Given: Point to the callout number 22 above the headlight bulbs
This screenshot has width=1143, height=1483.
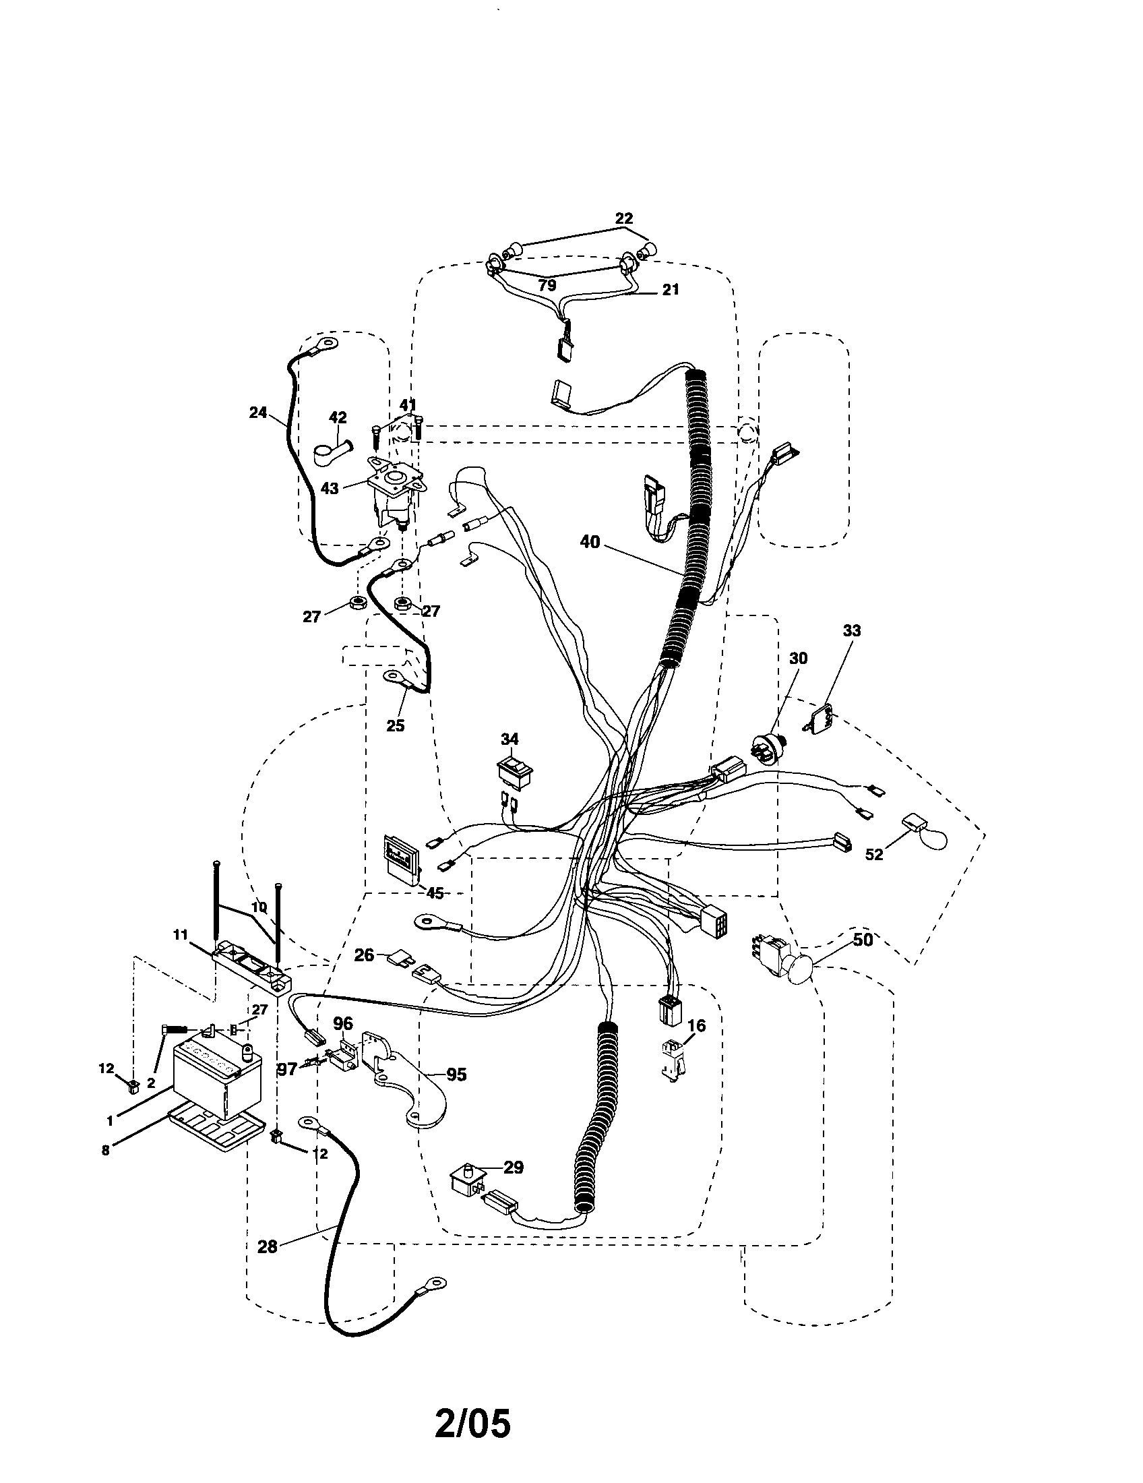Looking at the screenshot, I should [623, 218].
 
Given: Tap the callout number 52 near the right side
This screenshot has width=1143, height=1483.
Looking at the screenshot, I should [874, 854].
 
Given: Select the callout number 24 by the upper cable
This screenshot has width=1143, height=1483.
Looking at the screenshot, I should [258, 411].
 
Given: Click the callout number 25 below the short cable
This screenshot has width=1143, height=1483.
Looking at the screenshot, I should [395, 725].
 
